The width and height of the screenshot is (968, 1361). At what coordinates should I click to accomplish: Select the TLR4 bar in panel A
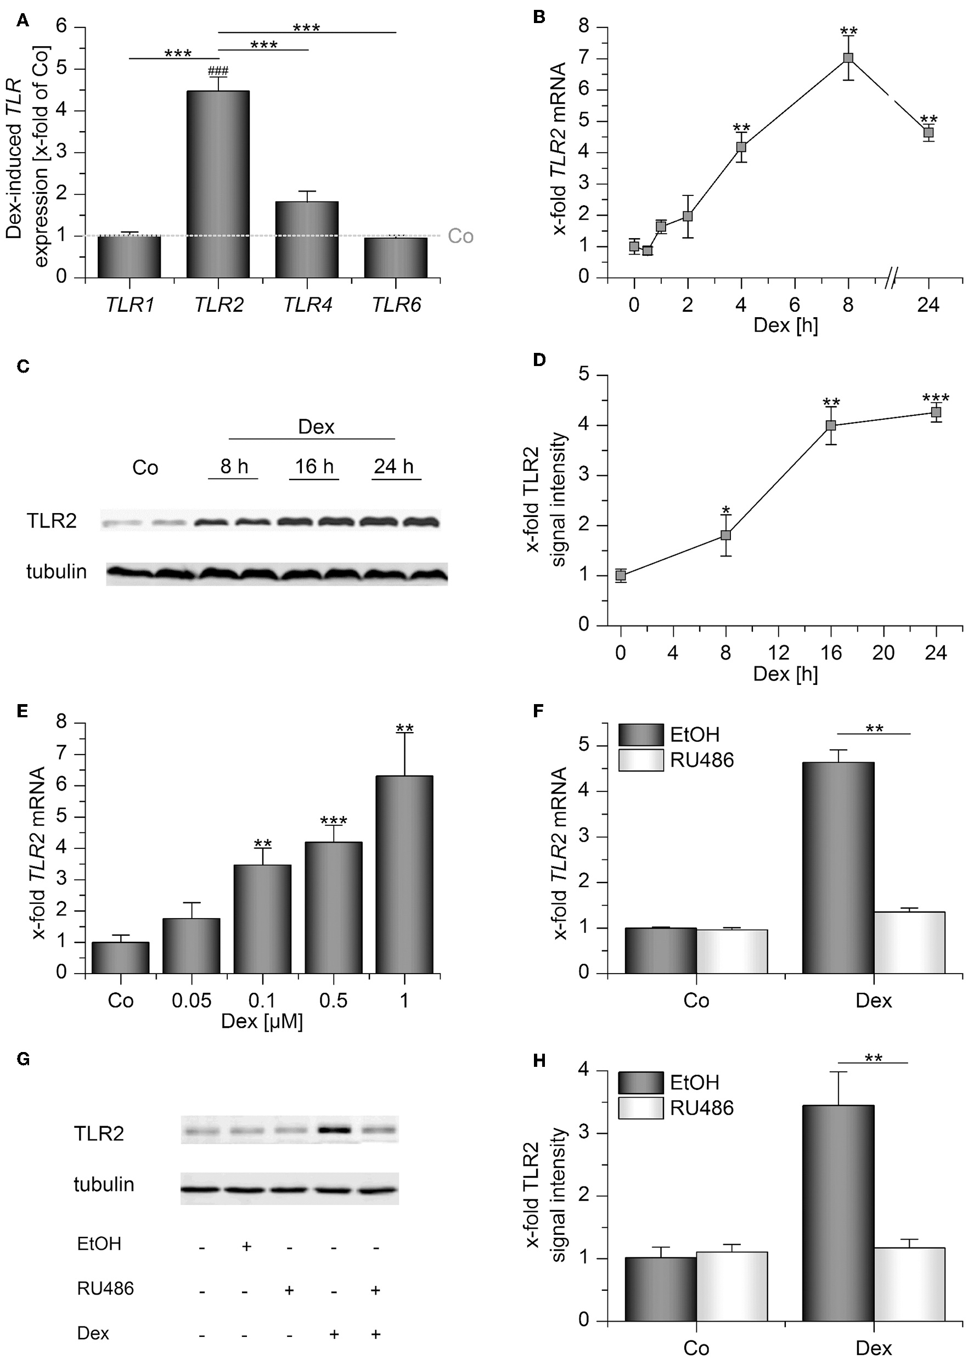(x=306, y=240)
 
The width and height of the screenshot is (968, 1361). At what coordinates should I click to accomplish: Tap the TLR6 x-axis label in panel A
(x=396, y=305)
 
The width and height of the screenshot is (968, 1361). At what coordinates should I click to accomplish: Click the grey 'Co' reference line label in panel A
(x=460, y=236)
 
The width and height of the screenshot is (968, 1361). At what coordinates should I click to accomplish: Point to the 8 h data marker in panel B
(x=848, y=58)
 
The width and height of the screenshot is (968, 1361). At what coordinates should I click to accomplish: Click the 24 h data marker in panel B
(x=928, y=132)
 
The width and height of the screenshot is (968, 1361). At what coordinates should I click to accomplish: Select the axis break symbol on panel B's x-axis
(x=891, y=278)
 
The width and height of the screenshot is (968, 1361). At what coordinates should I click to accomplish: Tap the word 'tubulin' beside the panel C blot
(x=57, y=572)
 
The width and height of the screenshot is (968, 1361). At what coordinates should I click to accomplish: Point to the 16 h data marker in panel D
(x=830, y=426)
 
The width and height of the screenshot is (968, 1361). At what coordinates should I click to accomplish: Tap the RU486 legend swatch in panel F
(x=640, y=760)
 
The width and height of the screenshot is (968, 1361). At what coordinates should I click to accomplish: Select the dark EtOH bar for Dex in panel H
(x=837, y=1213)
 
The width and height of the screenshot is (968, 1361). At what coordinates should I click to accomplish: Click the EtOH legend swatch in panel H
(x=640, y=1082)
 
